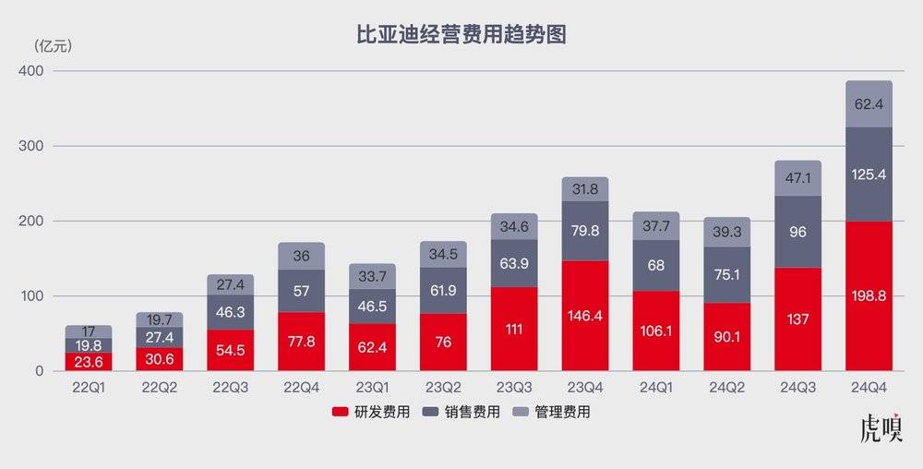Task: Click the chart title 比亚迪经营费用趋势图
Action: pos(461,35)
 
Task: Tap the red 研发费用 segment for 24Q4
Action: pos(868,295)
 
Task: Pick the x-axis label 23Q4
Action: pos(585,388)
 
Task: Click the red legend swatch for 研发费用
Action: pos(339,412)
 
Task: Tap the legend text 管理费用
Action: pos(563,412)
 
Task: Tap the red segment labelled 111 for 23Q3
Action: pos(514,330)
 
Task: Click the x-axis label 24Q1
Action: pos(656,388)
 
